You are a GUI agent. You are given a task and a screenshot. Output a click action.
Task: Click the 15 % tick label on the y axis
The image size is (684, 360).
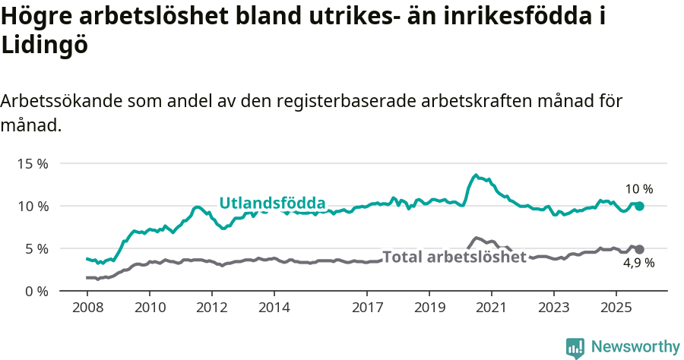point(33,163)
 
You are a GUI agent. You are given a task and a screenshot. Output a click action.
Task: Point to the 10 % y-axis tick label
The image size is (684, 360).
point(33,206)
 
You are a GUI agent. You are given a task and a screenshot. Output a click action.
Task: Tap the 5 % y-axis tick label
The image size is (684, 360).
point(36,248)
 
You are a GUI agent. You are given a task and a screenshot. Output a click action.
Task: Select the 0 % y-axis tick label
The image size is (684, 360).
point(36,291)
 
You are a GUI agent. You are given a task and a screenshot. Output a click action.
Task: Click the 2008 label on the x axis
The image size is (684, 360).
point(87,308)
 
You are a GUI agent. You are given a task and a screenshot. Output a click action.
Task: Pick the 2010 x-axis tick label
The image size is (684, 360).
point(150,308)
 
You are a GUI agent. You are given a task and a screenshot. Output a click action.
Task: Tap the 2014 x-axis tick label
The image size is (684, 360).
point(274,308)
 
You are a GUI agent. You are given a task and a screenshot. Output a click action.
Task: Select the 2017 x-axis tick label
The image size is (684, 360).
point(367,308)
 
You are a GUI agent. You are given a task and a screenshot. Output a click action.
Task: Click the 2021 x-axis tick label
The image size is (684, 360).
point(491,308)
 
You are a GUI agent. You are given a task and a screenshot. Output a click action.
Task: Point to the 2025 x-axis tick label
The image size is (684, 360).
point(616,308)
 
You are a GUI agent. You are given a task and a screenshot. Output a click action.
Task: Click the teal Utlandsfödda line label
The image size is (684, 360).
point(272,203)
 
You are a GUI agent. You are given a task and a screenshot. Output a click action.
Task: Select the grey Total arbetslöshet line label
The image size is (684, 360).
point(454,257)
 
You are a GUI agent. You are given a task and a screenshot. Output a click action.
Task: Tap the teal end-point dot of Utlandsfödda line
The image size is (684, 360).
point(639,206)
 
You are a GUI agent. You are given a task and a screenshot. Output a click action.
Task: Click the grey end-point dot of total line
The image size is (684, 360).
point(639,249)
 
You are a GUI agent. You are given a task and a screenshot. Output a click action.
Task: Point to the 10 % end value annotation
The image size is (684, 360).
point(638,189)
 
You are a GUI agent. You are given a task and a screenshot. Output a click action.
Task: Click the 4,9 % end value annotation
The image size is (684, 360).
point(638,264)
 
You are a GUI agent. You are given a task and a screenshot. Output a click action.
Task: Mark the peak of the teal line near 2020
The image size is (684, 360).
point(476,175)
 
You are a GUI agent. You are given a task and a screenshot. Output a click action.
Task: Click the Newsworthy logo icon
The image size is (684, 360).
point(575,347)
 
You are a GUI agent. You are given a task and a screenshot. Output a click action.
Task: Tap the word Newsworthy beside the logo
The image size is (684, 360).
point(635,347)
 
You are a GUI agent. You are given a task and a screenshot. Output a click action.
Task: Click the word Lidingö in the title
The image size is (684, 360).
point(45,45)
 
